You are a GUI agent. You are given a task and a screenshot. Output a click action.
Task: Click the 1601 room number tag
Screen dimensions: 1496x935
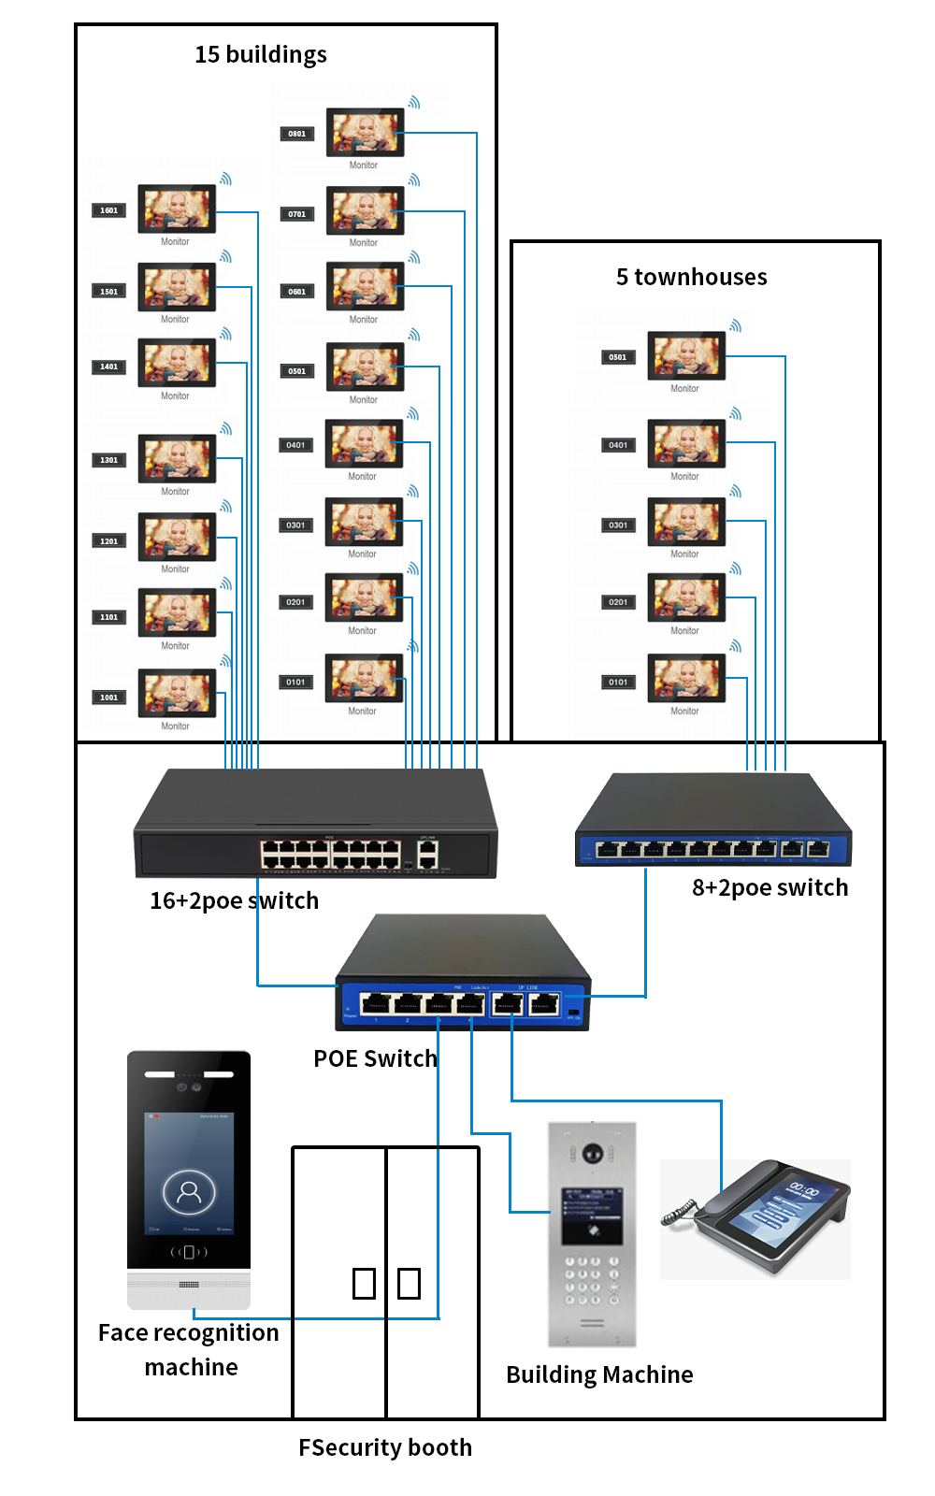pos(109,210)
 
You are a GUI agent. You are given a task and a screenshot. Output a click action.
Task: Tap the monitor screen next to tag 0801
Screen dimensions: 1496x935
pos(365,132)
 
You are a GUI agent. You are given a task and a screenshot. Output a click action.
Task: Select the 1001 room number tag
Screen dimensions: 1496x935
pos(109,698)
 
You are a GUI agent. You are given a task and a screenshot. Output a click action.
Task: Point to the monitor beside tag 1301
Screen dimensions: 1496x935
pos(177,458)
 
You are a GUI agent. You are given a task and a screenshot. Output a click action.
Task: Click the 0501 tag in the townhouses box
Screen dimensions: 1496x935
pos(618,357)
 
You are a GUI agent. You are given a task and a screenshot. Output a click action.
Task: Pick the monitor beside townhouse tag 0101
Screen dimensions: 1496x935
pos(686,678)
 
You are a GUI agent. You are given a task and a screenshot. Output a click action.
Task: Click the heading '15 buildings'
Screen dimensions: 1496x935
pos(261,54)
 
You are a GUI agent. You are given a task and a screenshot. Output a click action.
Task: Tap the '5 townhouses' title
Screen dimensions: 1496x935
pos(691,277)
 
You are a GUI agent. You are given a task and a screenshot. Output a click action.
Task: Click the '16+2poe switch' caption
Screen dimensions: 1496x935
pos(234,900)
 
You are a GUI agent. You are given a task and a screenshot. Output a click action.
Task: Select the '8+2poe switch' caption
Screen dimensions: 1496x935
pos(770,887)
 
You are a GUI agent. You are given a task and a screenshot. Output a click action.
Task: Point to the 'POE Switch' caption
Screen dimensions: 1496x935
pos(375,1058)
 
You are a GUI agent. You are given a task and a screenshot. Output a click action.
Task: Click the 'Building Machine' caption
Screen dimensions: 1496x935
pos(599,1374)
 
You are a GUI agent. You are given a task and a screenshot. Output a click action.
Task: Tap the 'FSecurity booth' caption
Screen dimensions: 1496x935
pos(385,1447)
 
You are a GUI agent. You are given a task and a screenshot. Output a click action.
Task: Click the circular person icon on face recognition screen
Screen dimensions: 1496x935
pos(189,1191)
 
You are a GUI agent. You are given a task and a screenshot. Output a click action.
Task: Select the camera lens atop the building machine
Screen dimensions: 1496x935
pos(592,1153)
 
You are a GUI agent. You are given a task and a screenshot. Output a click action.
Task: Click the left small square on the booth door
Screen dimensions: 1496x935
pos(364,1283)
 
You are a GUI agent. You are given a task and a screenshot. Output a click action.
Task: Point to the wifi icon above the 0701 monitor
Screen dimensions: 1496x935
pos(414,180)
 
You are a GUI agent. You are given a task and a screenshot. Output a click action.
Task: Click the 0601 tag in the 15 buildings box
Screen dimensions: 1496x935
pos(296,292)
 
